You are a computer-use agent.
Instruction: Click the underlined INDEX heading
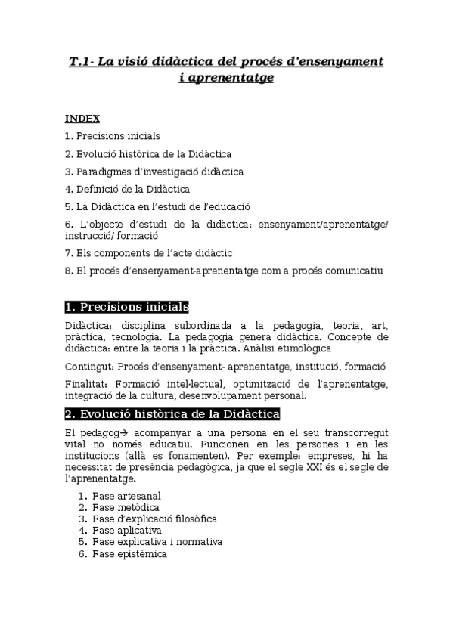[x=82, y=118]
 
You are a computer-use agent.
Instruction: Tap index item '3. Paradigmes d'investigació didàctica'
[x=154, y=172]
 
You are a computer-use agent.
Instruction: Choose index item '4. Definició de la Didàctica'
[x=127, y=189]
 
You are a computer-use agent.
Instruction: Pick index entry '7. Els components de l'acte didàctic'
[x=148, y=252]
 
